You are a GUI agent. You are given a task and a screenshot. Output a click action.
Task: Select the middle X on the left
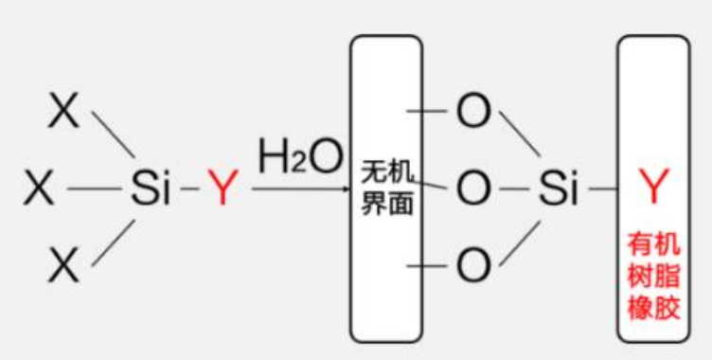(x=39, y=189)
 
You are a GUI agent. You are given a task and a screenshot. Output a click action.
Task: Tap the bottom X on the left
(x=64, y=265)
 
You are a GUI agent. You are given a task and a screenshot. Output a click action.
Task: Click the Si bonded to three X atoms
(x=151, y=189)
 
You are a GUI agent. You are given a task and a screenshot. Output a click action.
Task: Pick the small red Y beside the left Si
(x=221, y=189)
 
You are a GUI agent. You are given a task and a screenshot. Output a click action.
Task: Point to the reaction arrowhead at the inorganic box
(x=346, y=190)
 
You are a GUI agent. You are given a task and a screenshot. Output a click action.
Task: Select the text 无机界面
(x=387, y=188)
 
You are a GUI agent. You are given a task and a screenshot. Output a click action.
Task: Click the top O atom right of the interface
(x=473, y=112)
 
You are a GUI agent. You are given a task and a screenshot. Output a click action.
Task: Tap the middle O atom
(x=473, y=190)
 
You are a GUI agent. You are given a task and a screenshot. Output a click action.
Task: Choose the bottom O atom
(x=473, y=266)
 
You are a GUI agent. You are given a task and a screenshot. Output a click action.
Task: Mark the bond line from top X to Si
(x=113, y=133)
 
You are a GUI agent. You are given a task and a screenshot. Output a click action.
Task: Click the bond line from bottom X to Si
(x=113, y=244)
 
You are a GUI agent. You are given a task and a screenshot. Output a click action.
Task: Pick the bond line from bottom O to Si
(x=520, y=244)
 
